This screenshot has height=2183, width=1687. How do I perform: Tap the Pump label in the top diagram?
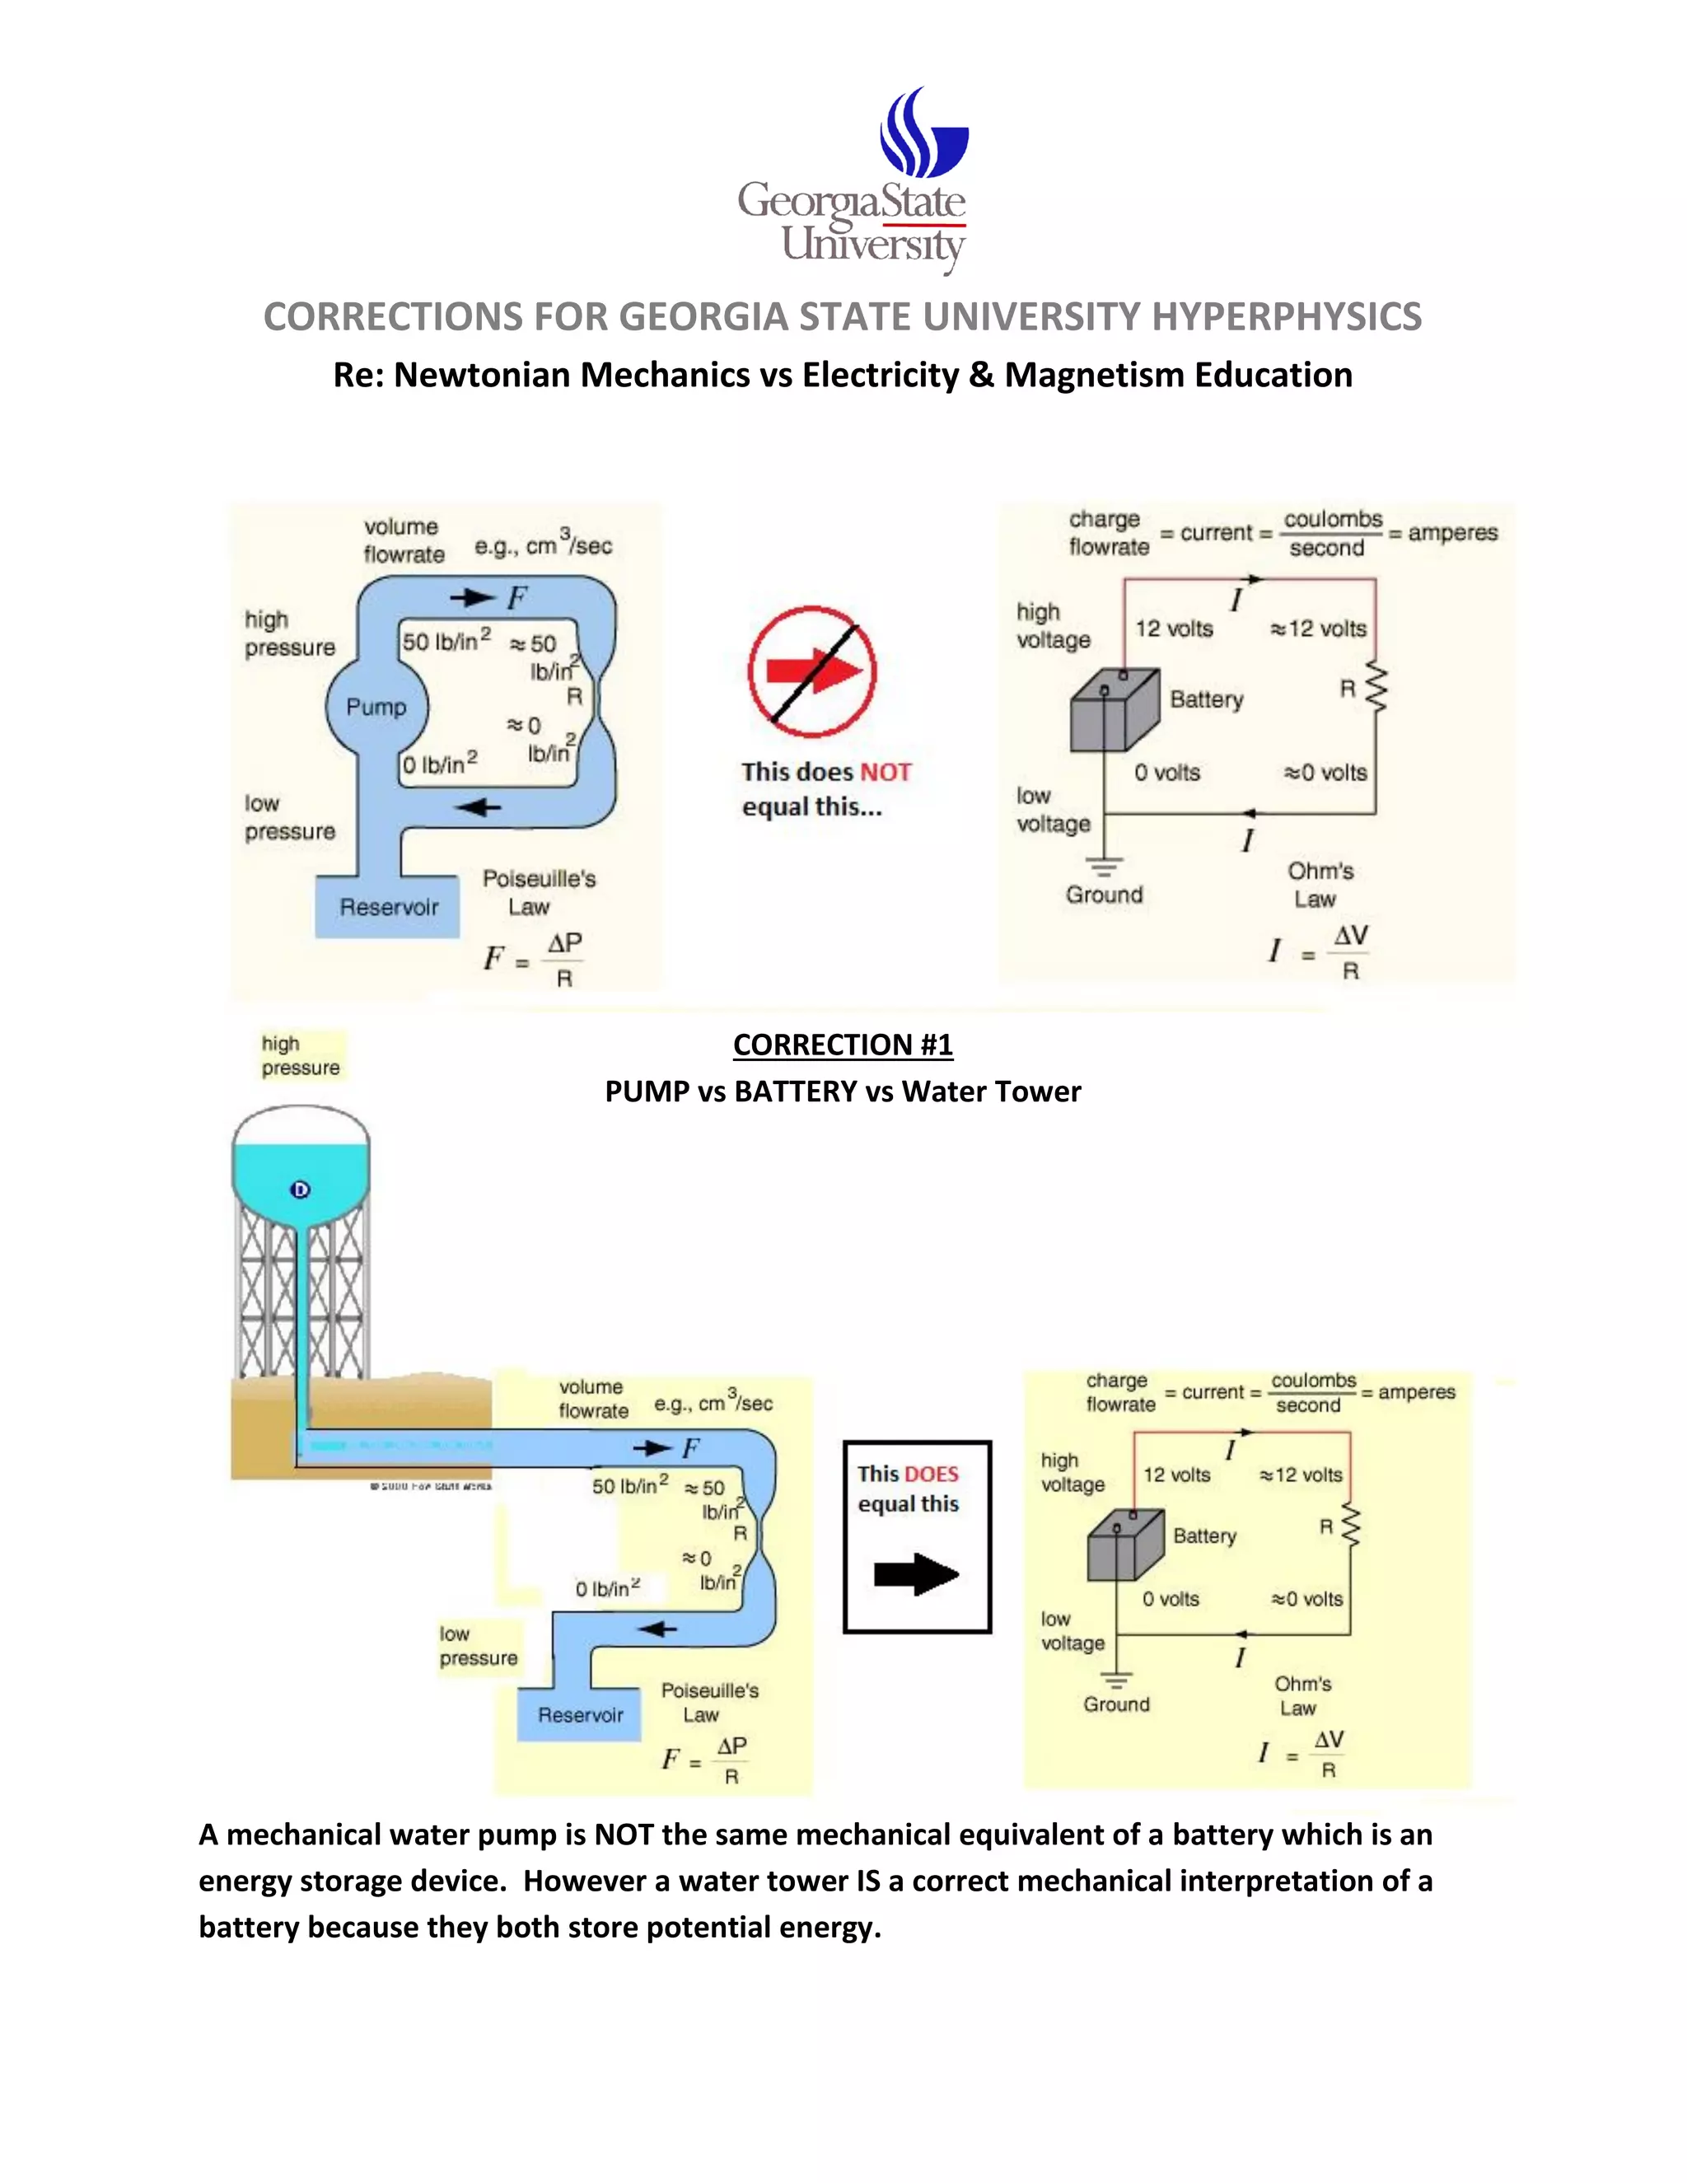point(376,707)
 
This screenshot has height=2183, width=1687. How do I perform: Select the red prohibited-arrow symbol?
point(811,671)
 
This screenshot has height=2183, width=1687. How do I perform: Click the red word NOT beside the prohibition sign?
point(886,772)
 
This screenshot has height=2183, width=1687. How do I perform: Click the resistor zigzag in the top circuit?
point(1376,688)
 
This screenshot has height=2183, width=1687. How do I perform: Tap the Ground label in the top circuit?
point(1103,895)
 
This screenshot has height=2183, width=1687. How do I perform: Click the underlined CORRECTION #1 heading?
point(843,1045)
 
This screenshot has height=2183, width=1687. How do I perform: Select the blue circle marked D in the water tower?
point(300,1190)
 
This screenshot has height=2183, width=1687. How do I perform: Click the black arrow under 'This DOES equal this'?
point(915,1574)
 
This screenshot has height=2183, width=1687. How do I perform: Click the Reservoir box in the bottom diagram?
point(580,1715)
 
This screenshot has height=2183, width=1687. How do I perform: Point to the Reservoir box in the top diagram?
point(388,907)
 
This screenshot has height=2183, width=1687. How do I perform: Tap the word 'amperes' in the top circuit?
point(1452,533)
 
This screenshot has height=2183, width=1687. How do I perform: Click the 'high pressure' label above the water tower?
point(300,1055)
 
